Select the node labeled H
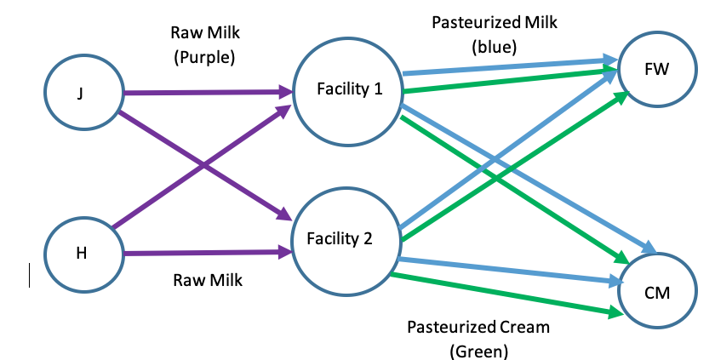click(x=81, y=254)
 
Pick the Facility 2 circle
click(x=346, y=239)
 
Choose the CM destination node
click(x=657, y=293)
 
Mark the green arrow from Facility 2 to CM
click(x=502, y=294)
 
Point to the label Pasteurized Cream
click(x=478, y=327)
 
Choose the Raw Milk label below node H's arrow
click(x=209, y=280)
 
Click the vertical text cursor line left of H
click(x=30, y=275)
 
